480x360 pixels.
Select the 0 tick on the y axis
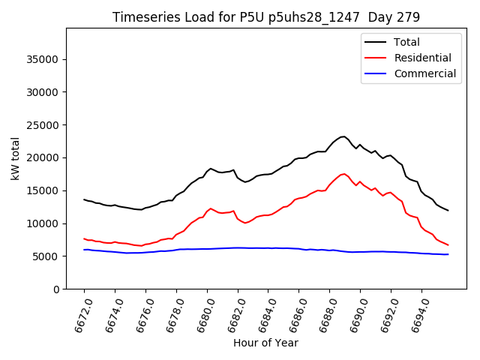point(55,289)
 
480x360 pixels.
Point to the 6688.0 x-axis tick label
point(325,313)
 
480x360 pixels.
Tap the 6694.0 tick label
point(417,313)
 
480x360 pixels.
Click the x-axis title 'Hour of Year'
point(265,343)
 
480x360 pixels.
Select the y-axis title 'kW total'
point(15,158)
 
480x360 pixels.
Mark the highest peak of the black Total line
point(343,136)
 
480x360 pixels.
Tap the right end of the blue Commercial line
point(448,254)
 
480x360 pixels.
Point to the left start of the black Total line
point(84,199)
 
